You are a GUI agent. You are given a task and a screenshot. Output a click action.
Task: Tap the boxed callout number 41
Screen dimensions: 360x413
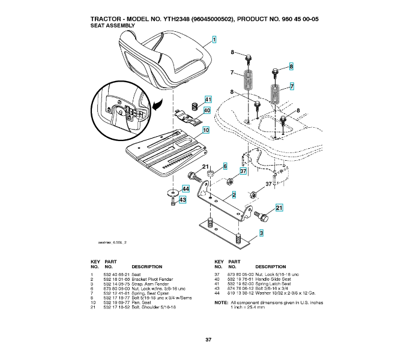pyautogui.click(x=208, y=100)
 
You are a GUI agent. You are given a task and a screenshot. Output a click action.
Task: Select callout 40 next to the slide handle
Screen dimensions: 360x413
pyautogui.click(x=207, y=110)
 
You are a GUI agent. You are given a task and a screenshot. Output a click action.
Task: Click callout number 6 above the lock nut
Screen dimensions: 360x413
pyautogui.click(x=225, y=166)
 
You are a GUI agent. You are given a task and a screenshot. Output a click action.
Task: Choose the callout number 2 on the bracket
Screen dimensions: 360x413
pyautogui.click(x=234, y=194)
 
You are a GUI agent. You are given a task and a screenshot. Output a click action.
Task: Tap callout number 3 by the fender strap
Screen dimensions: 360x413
pyautogui.click(x=261, y=232)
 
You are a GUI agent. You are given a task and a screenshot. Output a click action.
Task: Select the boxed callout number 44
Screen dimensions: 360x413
pyautogui.click(x=186, y=189)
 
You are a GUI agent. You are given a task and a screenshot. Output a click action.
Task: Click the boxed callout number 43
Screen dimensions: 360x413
pyautogui.click(x=183, y=199)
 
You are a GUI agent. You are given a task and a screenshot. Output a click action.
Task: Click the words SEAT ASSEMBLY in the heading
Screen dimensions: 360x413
pyautogui.click(x=112, y=26)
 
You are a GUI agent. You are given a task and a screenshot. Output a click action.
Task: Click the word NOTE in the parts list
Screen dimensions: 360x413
pyautogui.click(x=221, y=302)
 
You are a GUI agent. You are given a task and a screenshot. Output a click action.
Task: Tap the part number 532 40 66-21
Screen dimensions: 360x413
pyautogui.click(x=116, y=274)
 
